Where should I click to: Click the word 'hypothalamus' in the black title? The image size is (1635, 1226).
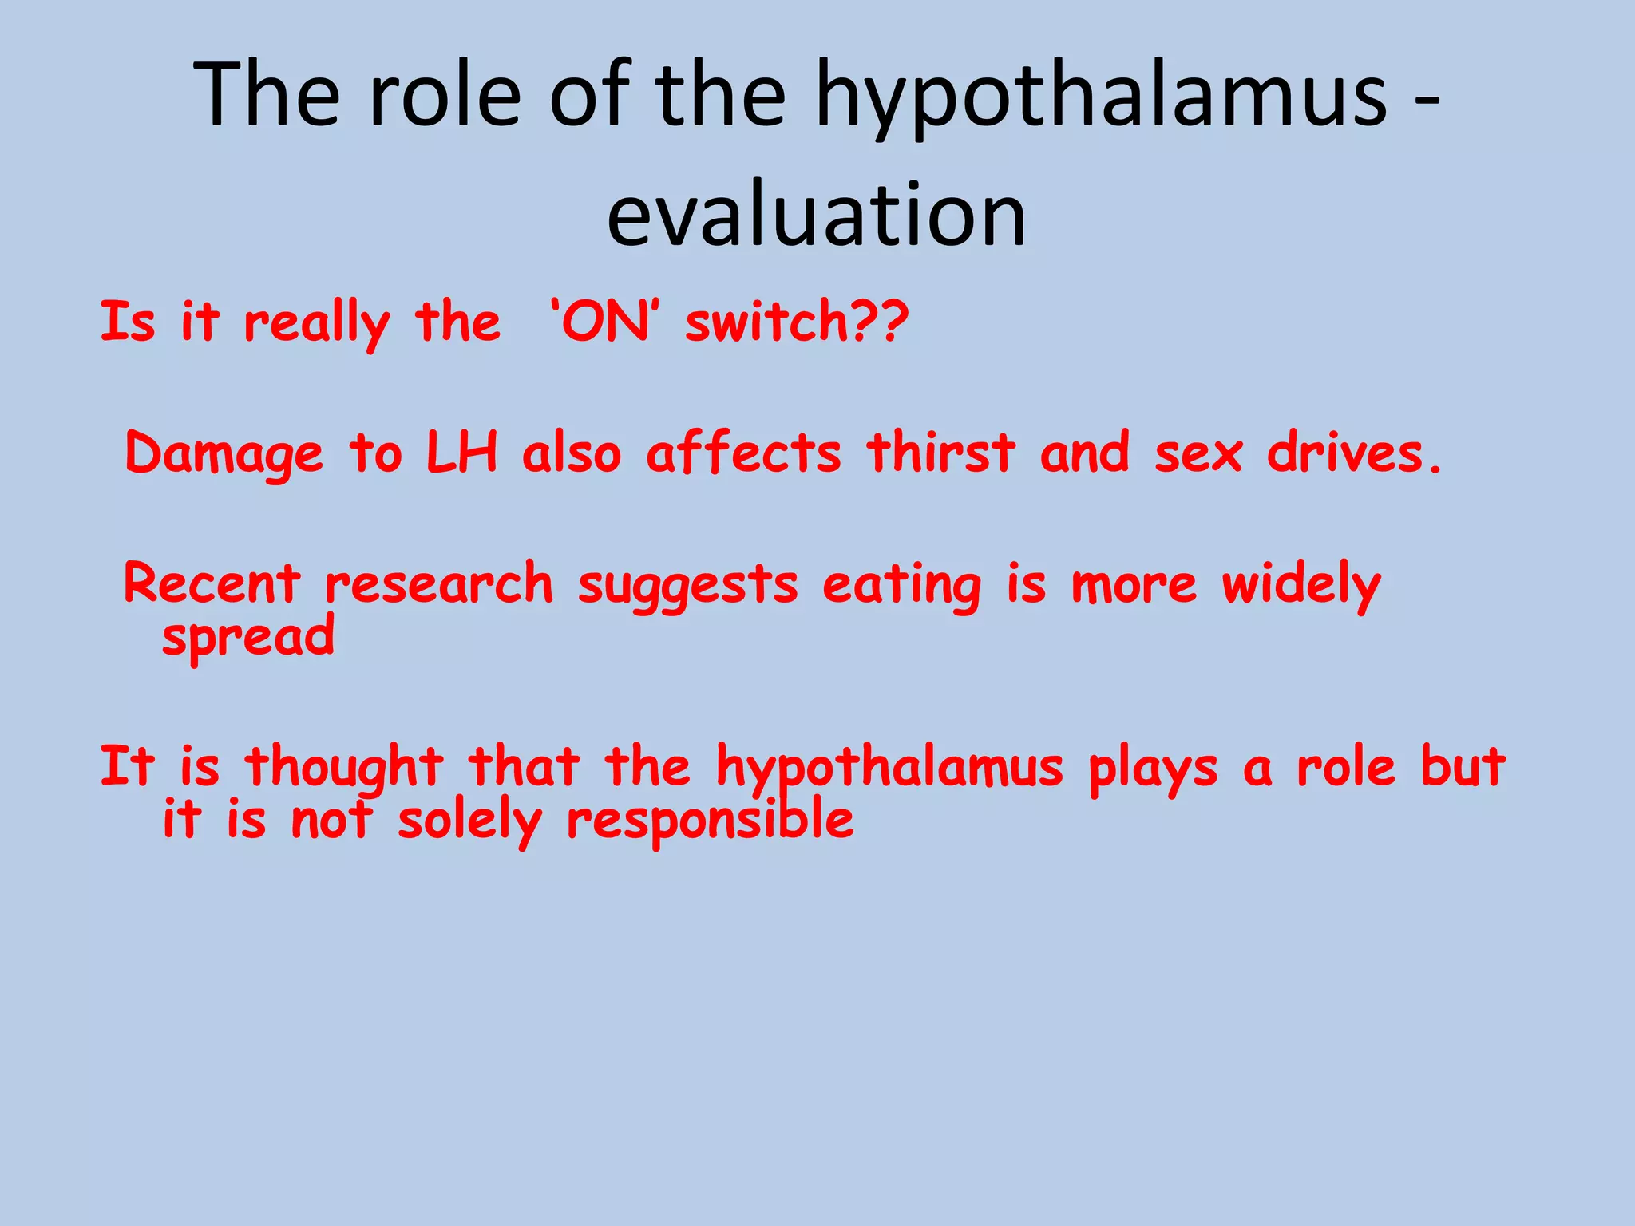tap(1102, 96)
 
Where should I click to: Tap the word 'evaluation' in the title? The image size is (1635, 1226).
tap(816, 214)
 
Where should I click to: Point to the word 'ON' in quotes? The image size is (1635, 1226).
tap(605, 322)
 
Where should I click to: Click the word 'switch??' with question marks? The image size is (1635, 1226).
tap(797, 322)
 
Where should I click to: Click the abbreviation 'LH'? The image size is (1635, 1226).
tap(461, 452)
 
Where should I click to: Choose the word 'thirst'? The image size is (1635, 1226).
tap(941, 452)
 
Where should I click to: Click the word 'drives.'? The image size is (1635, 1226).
tap(1355, 452)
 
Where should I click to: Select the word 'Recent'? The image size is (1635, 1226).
tap(213, 583)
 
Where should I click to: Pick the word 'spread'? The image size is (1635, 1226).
tap(248, 638)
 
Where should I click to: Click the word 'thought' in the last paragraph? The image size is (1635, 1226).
tap(344, 768)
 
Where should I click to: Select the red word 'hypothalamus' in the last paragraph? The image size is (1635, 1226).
tap(889, 768)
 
